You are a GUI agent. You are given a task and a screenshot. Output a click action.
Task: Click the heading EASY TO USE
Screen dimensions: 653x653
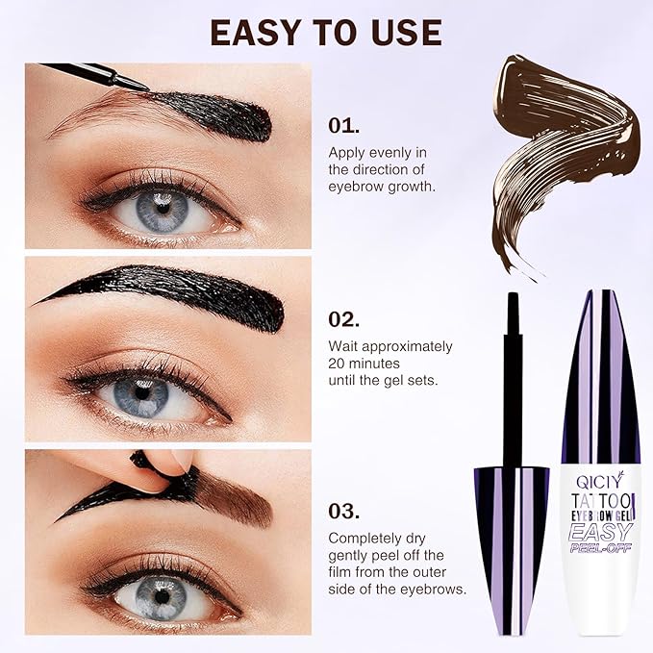pyautogui.click(x=326, y=32)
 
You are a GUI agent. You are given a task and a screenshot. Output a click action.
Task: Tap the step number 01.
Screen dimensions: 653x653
pyautogui.click(x=344, y=125)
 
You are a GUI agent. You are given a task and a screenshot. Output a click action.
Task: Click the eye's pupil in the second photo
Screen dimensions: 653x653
pyautogui.click(x=141, y=392)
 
